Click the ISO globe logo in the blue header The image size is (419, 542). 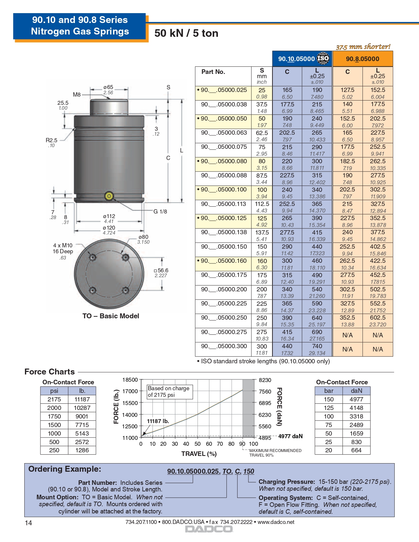pyautogui.click(x=323, y=58)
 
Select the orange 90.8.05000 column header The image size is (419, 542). pyautogui.click(x=362, y=59)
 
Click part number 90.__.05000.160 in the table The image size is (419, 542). pyautogui.click(x=223, y=261)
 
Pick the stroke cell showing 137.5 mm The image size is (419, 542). pyautogui.click(x=262, y=233)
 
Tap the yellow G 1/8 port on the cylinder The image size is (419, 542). pyautogui.click(x=109, y=196)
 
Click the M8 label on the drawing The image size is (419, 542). pyautogui.click(x=77, y=95)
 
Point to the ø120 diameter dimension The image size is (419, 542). pyautogui.click(x=109, y=228)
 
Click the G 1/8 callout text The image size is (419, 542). pyautogui.click(x=160, y=212)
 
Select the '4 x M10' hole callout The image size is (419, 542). pyautogui.click(x=63, y=245)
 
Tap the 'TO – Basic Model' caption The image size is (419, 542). pyautogui.click(x=111, y=316)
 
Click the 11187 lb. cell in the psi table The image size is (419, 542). pyautogui.click(x=82, y=399)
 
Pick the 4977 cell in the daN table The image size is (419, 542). pyautogui.click(x=356, y=399)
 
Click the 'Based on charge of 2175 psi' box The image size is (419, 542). pyautogui.click(x=169, y=392)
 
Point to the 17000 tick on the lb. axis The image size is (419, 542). pyautogui.click(x=130, y=391)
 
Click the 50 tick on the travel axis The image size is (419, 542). pyautogui.click(x=198, y=444)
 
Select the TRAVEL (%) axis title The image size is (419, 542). pyautogui.click(x=199, y=454)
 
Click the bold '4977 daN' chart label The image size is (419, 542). pyautogui.click(x=290, y=436)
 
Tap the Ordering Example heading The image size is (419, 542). pyautogui.click(x=65, y=469)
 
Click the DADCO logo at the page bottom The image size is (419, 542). pyautogui.click(x=209, y=529)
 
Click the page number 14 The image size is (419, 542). pyautogui.click(x=29, y=523)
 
